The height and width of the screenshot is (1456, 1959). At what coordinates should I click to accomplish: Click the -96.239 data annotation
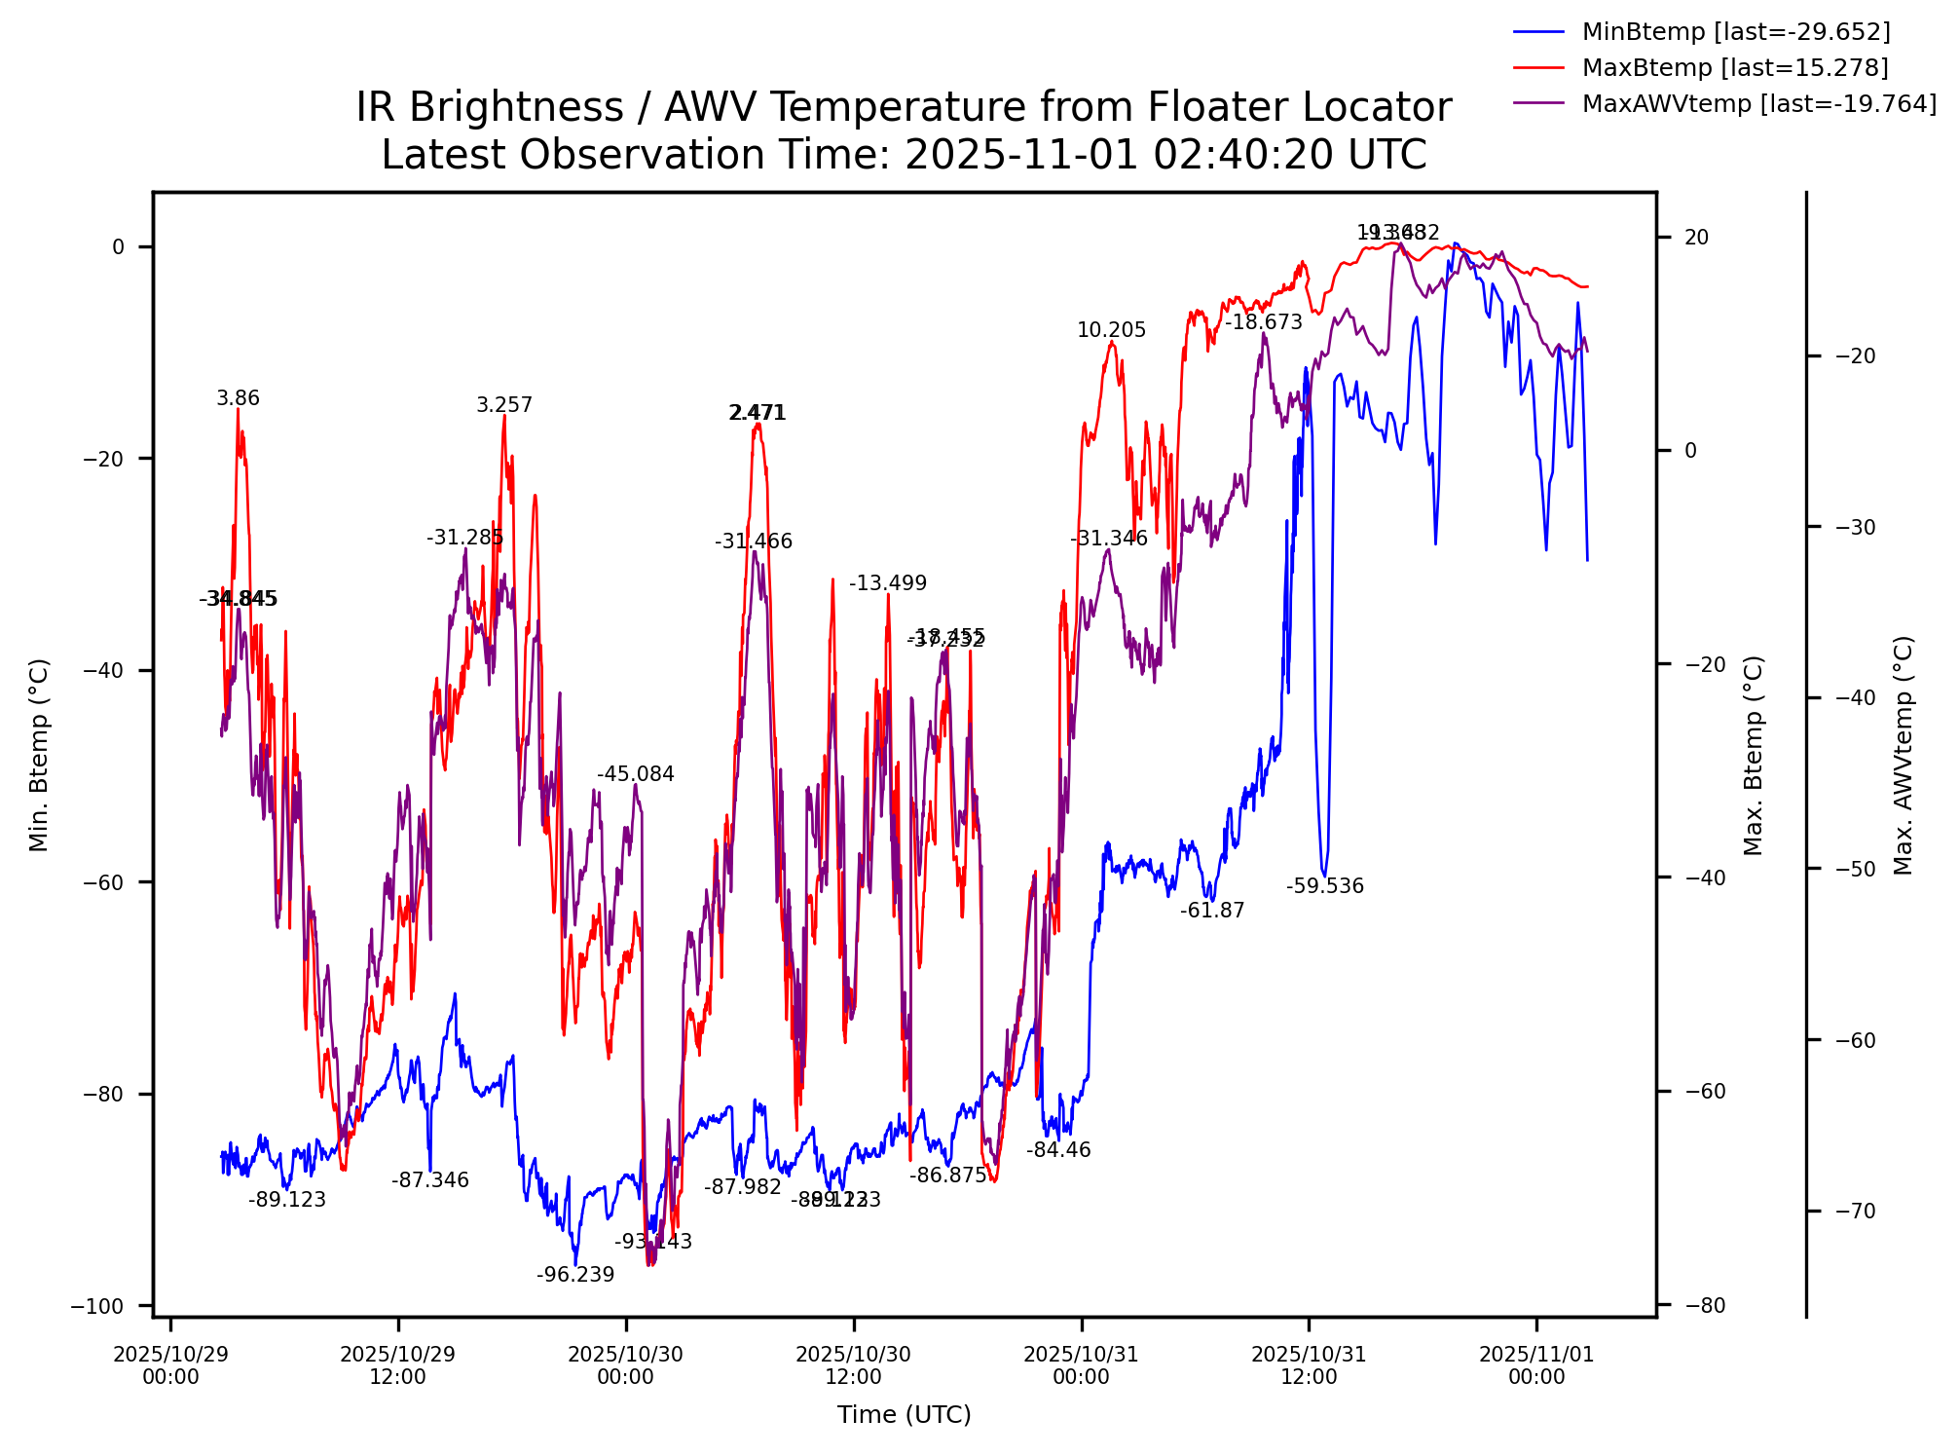tap(575, 1276)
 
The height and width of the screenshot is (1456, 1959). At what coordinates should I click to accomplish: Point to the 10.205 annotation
tap(1111, 331)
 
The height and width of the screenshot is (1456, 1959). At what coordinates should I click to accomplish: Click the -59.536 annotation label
tap(1324, 887)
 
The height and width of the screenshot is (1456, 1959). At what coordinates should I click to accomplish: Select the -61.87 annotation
tap(1212, 912)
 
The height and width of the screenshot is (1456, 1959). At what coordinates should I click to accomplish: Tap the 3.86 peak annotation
tap(238, 399)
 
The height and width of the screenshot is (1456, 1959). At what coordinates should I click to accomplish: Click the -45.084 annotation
tap(636, 775)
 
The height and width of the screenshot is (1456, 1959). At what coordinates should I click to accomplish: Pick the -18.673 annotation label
tap(1263, 323)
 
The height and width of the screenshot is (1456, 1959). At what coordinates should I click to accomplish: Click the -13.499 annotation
tap(888, 584)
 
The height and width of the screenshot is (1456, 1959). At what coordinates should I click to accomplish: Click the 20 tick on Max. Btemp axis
tap(1696, 238)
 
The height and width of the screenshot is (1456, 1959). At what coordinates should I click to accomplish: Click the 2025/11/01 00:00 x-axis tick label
tap(1536, 1365)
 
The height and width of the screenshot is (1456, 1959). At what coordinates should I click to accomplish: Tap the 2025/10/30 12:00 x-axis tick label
tap(854, 1365)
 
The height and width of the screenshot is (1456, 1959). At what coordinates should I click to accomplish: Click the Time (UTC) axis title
tap(904, 1415)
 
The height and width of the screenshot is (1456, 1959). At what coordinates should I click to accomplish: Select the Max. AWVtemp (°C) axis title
tap(1904, 756)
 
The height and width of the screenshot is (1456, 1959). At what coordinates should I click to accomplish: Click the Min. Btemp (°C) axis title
tap(39, 756)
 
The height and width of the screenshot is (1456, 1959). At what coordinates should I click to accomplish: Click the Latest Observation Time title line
tap(904, 156)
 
